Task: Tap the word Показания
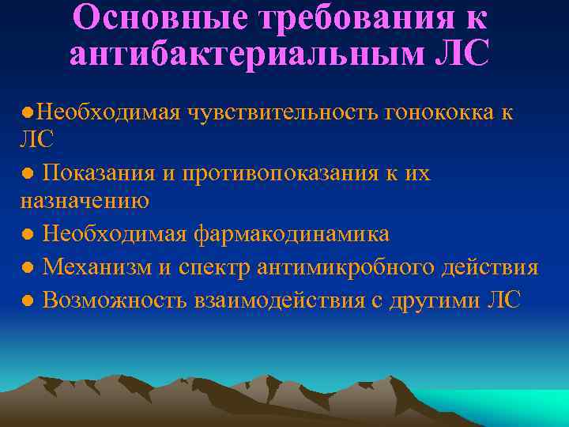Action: [x=95, y=172]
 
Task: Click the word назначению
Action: [x=85, y=201]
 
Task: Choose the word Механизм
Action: [x=97, y=267]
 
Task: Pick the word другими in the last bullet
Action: [x=435, y=300]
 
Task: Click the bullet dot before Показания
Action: [x=27, y=174]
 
